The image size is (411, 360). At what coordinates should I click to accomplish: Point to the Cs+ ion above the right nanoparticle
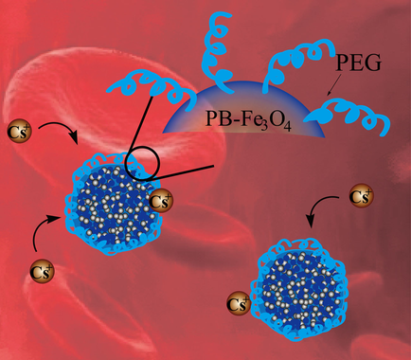tap(358, 197)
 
